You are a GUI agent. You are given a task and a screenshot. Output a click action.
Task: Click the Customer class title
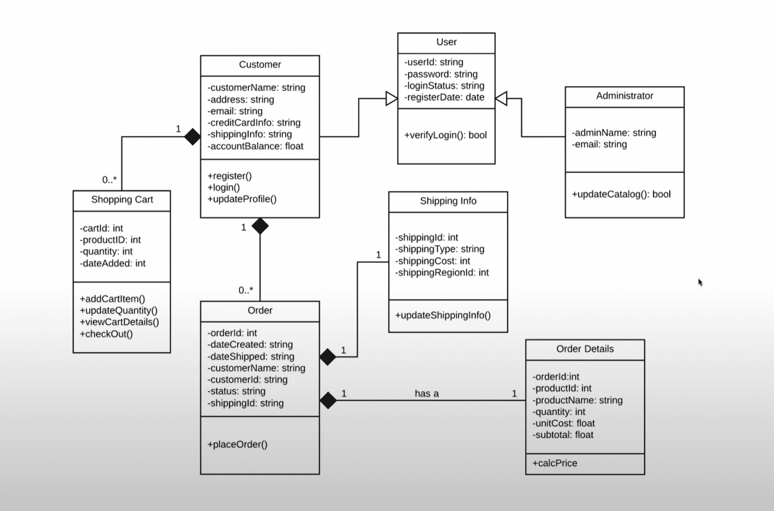tap(260, 65)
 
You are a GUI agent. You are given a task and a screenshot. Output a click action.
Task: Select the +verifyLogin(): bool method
tap(445, 135)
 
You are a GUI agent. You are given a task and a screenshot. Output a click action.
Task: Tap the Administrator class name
tap(624, 96)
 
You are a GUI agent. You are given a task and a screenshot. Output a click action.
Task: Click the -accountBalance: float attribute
tap(255, 146)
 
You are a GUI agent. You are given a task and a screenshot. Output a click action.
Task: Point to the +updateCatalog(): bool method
tap(621, 194)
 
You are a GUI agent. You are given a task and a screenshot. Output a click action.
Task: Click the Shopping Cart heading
tap(122, 200)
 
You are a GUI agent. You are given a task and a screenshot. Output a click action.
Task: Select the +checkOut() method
tap(106, 334)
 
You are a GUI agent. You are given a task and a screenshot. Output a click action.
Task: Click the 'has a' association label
tap(426, 394)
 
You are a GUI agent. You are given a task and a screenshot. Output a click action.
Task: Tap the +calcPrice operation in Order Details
tap(555, 463)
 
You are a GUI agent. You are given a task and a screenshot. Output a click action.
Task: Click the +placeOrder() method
tap(237, 444)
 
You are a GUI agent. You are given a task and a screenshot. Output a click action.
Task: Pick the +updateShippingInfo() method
tap(442, 315)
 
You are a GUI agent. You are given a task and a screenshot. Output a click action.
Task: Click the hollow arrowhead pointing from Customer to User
tap(392, 98)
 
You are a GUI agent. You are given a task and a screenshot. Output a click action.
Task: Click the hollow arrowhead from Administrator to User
tap(501, 98)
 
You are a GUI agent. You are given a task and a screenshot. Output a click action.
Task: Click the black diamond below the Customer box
tap(260, 226)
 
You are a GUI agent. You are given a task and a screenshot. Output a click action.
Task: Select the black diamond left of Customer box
tap(192, 137)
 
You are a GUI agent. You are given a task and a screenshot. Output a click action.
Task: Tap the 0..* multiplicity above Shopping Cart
tap(109, 180)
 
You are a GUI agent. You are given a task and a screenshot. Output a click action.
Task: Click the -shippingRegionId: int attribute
tap(442, 272)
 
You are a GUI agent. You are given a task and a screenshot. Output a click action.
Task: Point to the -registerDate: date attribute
tap(444, 98)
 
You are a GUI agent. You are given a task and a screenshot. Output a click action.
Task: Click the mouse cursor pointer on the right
tap(700, 282)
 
